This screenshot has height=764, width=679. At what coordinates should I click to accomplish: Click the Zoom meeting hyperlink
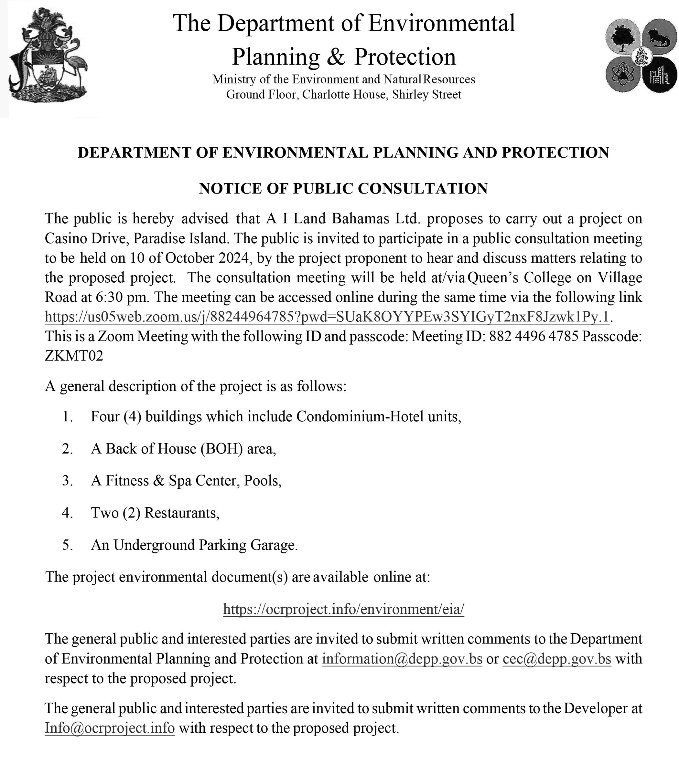coord(327,317)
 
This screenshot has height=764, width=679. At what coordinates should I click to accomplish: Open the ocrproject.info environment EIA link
coord(343,609)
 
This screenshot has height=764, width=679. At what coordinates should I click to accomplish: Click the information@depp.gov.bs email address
coord(402,659)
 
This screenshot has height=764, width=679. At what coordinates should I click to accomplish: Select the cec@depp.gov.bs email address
coord(557,659)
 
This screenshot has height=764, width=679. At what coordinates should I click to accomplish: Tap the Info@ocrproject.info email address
coord(110,728)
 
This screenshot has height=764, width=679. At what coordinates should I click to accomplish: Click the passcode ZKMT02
coord(74,356)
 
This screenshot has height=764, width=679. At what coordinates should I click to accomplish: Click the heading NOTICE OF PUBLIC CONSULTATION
coord(343,188)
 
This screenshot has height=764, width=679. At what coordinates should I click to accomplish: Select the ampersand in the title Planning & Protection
coord(336,57)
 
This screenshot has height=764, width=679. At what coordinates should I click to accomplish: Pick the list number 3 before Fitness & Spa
coord(67,481)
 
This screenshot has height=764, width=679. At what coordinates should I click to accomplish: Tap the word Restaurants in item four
coord(181,513)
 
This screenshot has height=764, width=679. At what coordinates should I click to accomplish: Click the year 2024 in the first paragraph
coord(233,258)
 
